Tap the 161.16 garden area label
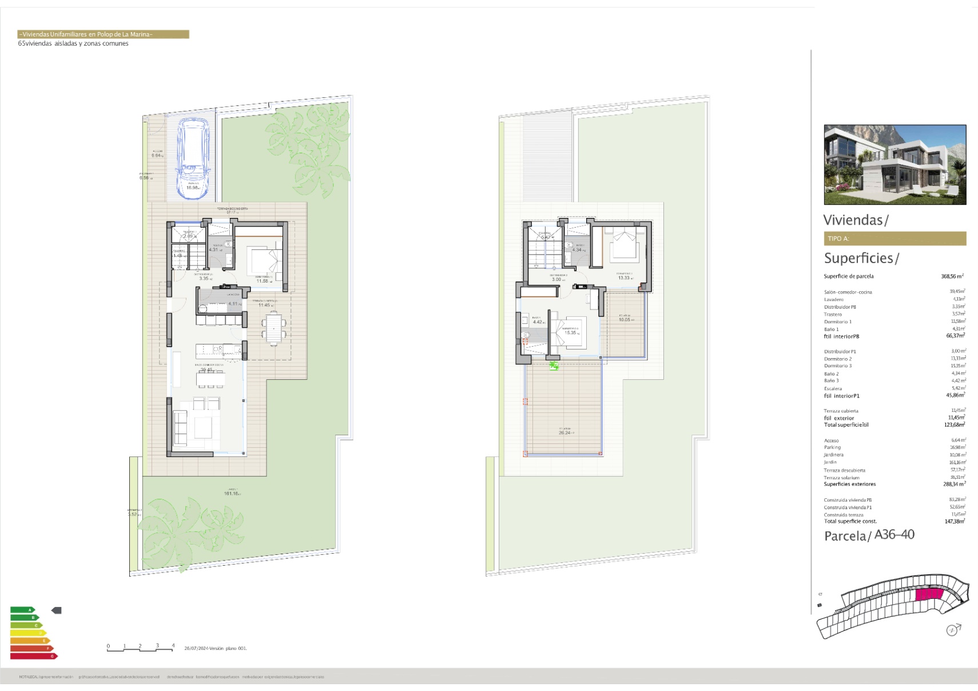tap(232, 493)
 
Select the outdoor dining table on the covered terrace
tap(276, 329)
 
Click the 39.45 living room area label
tap(206, 370)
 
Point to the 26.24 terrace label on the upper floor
tap(564, 432)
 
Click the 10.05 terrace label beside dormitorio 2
tap(625, 320)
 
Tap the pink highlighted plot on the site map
tap(928, 595)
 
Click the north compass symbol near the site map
tap(952, 630)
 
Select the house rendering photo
tap(894, 165)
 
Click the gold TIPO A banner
tap(894, 239)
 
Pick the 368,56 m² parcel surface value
tap(952, 276)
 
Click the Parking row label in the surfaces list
tap(832, 447)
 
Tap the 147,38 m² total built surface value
tap(955, 521)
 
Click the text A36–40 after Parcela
tap(894, 535)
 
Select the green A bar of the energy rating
tap(23, 610)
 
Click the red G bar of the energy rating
tap(33, 656)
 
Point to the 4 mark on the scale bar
tap(173, 646)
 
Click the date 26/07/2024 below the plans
tap(196, 648)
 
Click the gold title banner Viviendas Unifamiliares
tap(103, 34)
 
